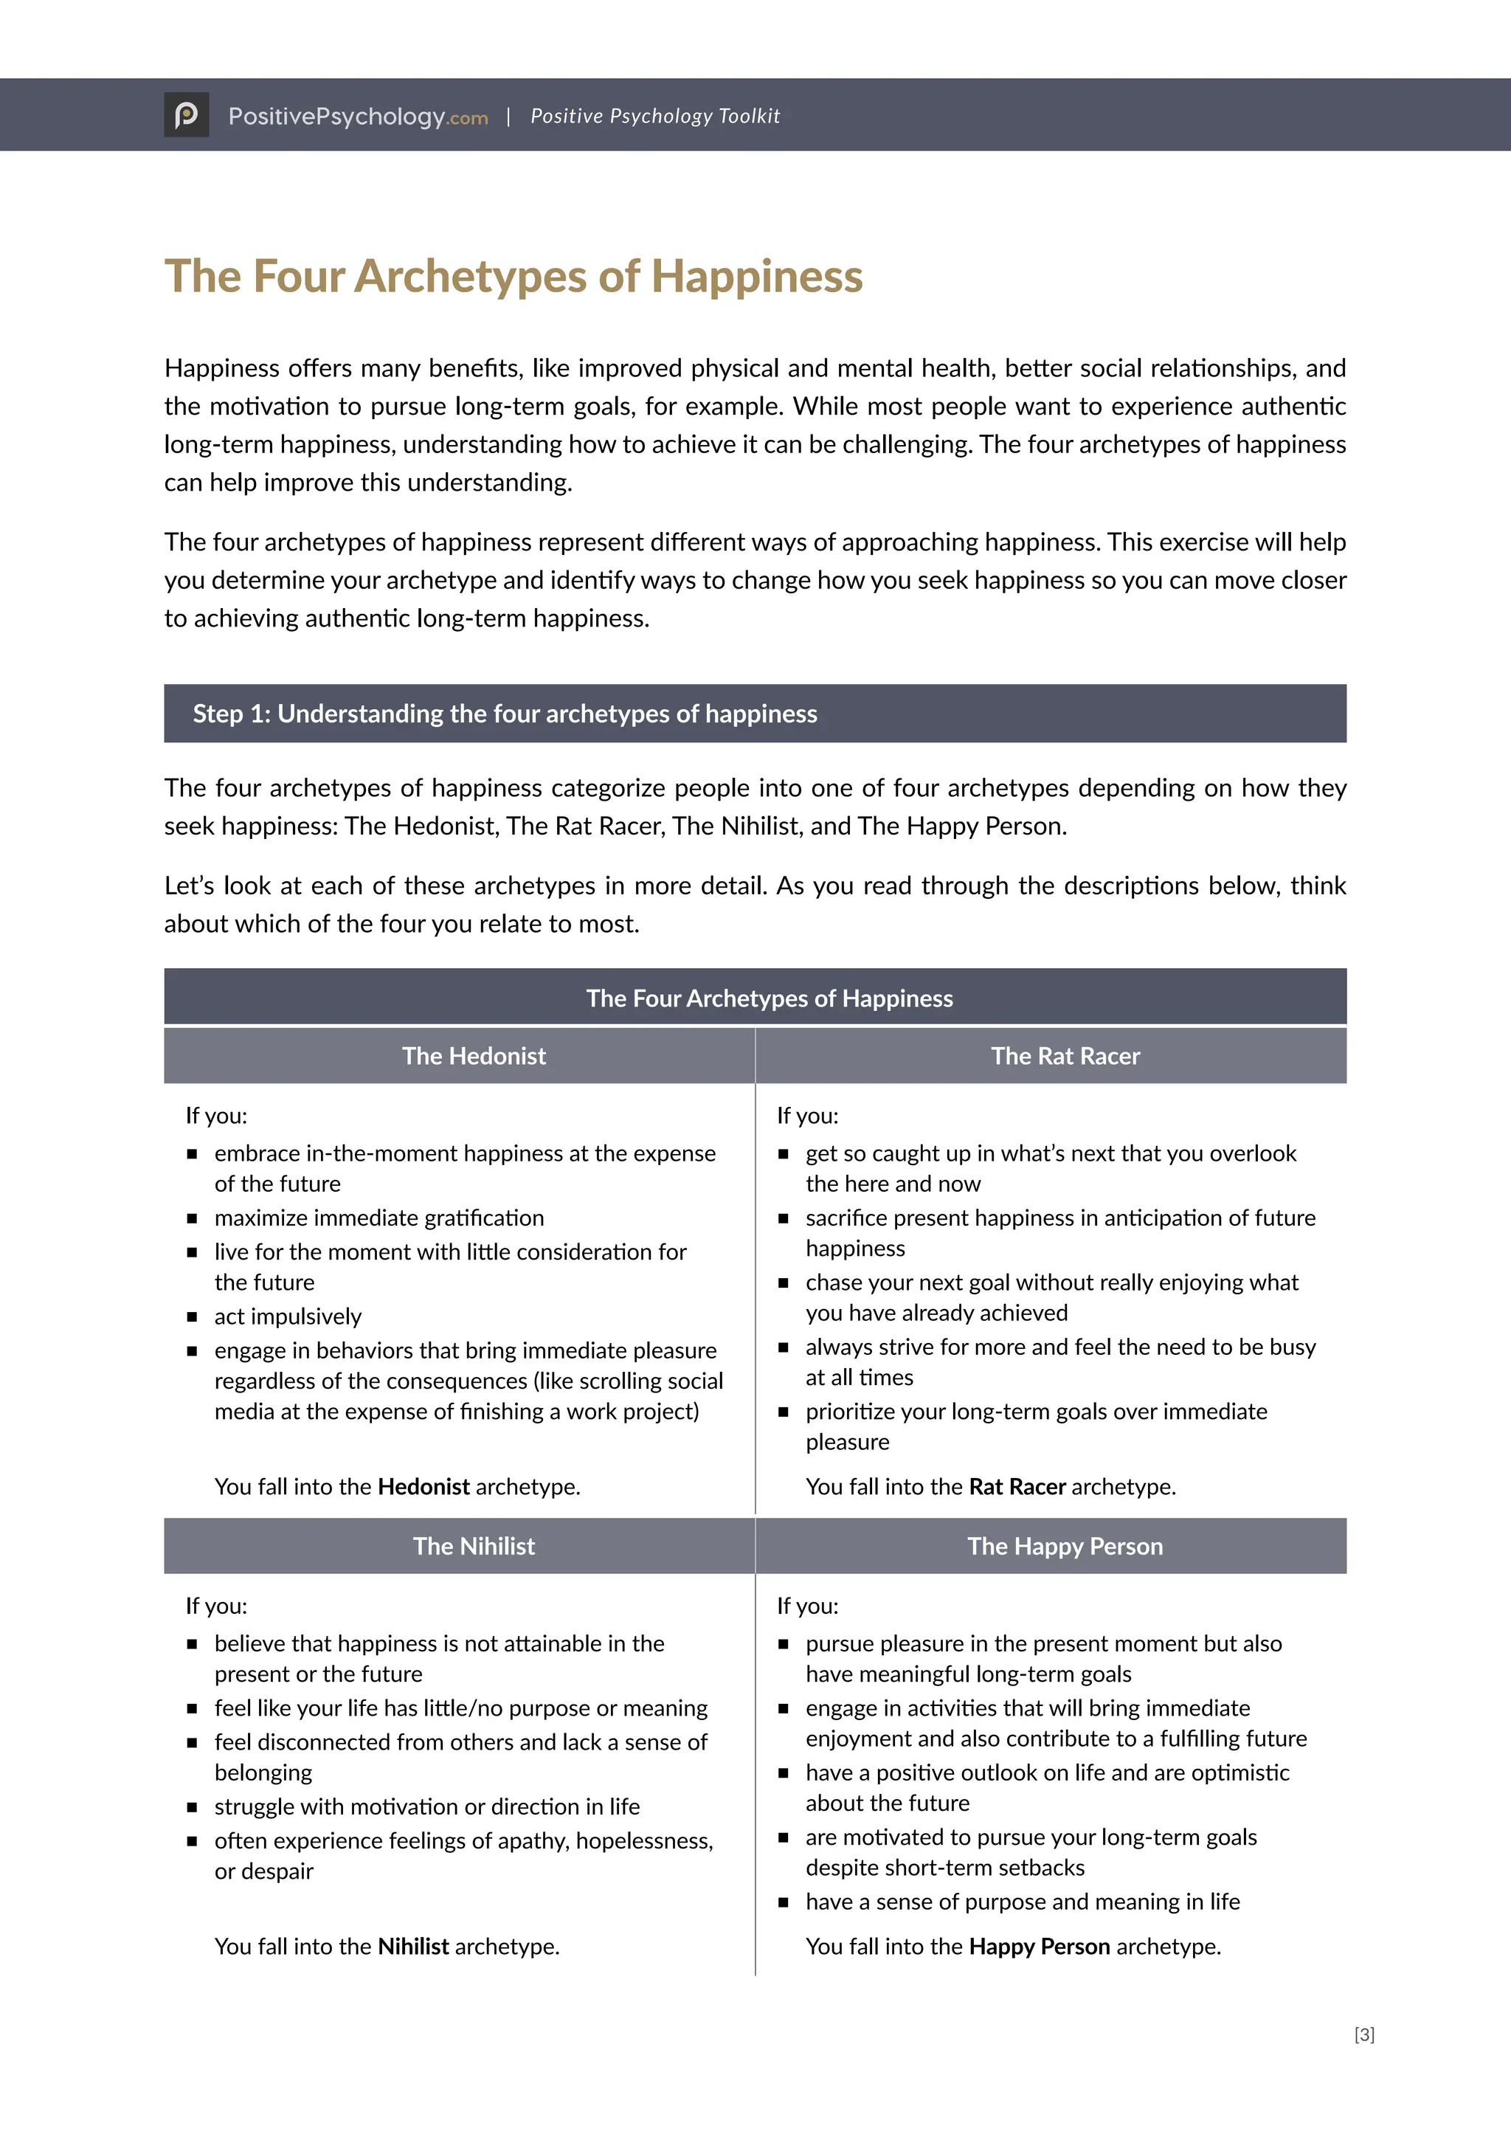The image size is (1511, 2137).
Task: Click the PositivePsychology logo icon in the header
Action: pos(186,114)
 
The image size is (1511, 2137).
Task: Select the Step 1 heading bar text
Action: pos(505,714)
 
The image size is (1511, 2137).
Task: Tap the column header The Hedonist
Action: pos(474,1055)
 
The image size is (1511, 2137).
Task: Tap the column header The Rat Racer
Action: pos(1065,1055)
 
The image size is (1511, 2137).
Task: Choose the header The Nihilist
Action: pos(474,1546)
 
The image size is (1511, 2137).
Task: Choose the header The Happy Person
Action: pos(1065,1546)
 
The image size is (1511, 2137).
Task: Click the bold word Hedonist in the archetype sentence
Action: pos(423,1486)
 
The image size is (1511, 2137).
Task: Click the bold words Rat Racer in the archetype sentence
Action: pos(1016,1486)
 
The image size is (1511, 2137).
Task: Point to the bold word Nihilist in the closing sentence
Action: pos(413,1946)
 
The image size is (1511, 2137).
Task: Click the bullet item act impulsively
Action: pos(288,1316)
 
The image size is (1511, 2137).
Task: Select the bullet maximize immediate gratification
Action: pos(378,1218)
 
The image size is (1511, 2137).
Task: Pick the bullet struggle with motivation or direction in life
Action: pos(427,1806)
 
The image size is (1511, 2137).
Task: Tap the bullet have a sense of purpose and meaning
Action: pos(1022,1902)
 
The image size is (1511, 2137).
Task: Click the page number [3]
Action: pos(1364,2034)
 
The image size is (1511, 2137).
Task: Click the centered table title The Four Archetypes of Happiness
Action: pos(769,998)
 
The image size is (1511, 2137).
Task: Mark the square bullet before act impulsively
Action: pos(192,1317)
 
